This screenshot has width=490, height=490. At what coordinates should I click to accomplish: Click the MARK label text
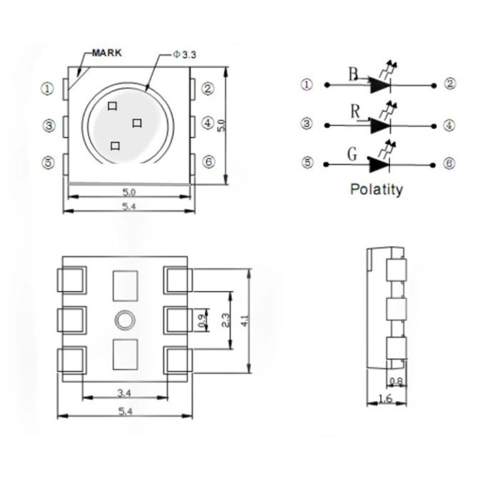[x=107, y=53]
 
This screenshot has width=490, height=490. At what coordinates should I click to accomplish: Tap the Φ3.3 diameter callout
[x=185, y=55]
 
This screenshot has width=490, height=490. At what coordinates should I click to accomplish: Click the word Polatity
[x=377, y=190]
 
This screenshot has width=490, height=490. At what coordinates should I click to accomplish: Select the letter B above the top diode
[x=353, y=75]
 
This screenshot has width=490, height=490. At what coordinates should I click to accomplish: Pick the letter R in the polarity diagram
[x=355, y=111]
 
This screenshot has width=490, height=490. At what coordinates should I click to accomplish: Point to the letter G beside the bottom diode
[x=352, y=154]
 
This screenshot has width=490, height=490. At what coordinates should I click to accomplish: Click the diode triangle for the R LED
[x=380, y=126]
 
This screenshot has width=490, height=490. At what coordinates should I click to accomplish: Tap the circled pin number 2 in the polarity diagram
[x=450, y=83]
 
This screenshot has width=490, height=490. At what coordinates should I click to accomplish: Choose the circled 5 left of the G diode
[x=308, y=163]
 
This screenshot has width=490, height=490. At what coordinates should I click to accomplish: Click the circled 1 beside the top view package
[x=48, y=88]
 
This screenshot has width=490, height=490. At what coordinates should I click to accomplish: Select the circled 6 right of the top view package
[x=209, y=162]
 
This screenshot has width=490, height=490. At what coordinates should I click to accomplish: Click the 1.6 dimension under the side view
[x=385, y=399]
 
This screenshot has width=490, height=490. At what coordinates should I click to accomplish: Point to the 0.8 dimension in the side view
[x=397, y=382]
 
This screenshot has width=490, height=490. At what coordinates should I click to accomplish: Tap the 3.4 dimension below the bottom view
[x=124, y=393]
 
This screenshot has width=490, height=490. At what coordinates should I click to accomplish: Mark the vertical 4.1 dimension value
[x=245, y=321]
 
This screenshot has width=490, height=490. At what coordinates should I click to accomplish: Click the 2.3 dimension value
[x=225, y=320]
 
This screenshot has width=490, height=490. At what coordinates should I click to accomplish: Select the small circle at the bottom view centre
[x=125, y=320]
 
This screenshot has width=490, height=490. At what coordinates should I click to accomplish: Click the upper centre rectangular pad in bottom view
[x=125, y=286]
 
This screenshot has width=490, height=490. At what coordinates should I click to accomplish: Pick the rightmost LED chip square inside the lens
[x=137, y=123]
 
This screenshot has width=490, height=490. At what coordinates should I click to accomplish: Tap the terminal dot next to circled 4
[x=434, y=126]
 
